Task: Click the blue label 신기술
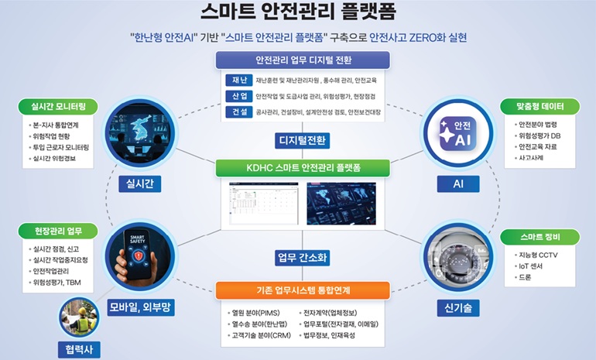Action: click(457, 307)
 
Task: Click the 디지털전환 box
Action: click(301, 140)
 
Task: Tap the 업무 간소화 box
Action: click(301, 256)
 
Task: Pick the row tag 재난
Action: click(237, 80)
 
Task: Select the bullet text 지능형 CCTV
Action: click(540, 255)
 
